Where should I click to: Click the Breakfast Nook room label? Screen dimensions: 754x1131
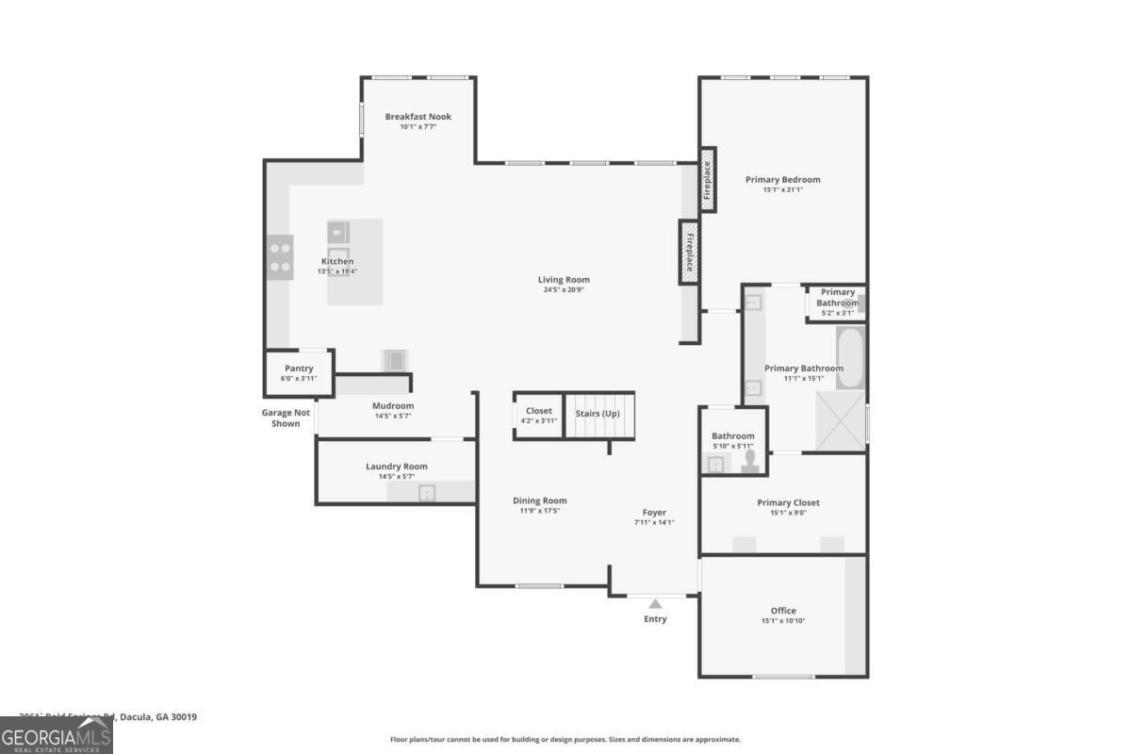click(x=418, y=117)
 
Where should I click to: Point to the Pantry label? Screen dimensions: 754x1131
click(x=299, y=369)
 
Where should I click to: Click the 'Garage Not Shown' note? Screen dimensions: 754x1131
click(x=286, y=418)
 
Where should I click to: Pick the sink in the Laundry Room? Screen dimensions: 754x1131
click(x=427, y=492)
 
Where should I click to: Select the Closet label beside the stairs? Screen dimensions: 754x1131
click(x=539, y=411)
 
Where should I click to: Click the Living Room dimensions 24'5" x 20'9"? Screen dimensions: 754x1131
click(x=564, y=290)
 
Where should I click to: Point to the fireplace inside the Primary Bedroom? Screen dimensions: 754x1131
click(x=707, y=180)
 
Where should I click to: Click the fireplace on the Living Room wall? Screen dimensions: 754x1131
click(x=689, y=252)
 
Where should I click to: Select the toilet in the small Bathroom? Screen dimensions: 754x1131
click(x=751, y=459)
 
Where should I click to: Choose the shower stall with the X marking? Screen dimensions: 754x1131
click(x=841, y=416)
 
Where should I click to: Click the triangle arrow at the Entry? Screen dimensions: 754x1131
click(x=655, y=603)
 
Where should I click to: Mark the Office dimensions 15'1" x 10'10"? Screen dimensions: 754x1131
click(x=783, y=621)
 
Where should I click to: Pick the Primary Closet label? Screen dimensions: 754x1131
click(x=788, y=502)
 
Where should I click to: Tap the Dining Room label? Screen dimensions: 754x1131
click(x=540, y=500)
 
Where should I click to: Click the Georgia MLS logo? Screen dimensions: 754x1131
click(x=56, y=735)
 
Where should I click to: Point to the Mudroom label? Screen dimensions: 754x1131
click(x=392, y=406)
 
